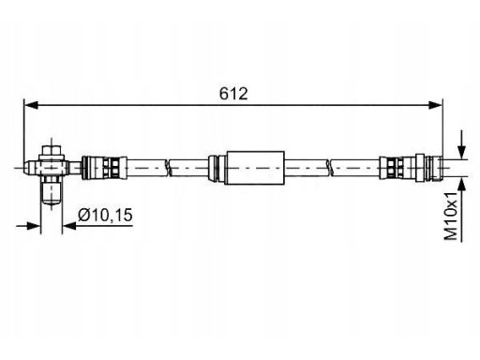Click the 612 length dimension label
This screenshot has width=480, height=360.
point(233,94)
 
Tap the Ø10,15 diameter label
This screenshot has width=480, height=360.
point(105,216)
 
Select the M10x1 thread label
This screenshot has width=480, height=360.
point(451,216)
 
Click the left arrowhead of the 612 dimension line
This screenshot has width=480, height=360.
point(31,105)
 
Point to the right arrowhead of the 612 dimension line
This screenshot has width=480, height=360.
point(436,105)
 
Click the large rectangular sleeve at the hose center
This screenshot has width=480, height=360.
point(254,168)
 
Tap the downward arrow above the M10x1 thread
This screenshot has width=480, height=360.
point(462,144)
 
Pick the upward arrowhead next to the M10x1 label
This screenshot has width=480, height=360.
point(462,185)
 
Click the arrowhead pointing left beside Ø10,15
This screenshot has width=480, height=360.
point(69,226)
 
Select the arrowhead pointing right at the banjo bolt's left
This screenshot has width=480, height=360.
point(34,226)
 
